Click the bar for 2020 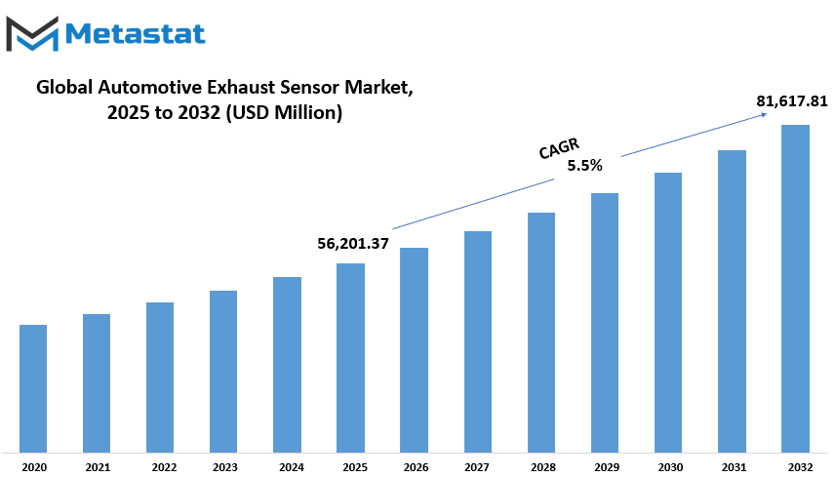pyautogui.click(x=33, y=389)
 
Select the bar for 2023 pyautogui.click(x=223, y=372)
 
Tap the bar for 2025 pyautogui.click(x=350, y=358)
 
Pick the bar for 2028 pyautogui.click(x=541, y=333)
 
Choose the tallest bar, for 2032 pyautogui.click(x=795, y=290)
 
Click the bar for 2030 pyautogui.click(x=668, y=313)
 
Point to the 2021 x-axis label pyautogui.click(x=98, y=467)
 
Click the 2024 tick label pyautogui.click(x=292, y=467)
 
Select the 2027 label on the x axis pyautogui.click(x=477, y=467)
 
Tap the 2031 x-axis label pyautogui.click(x=734, y=467)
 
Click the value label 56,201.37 pyautogui.click(x=353, y=244)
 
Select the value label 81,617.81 pyautogui.click(x=792, y=101)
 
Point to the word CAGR pyautogui.click(x=559, y=148)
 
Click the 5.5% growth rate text pyautogui.click(x=584, y=166)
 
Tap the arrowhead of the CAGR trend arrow pyautogui.click(x=765, y=114)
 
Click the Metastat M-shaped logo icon pyautogui.click(x=32, y=34)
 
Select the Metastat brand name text pyautogui.click(x=136, y=34)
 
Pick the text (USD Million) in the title pyautogui.click(x=284, y=113)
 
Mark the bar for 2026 pyautogui.click(x=414, y=350)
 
